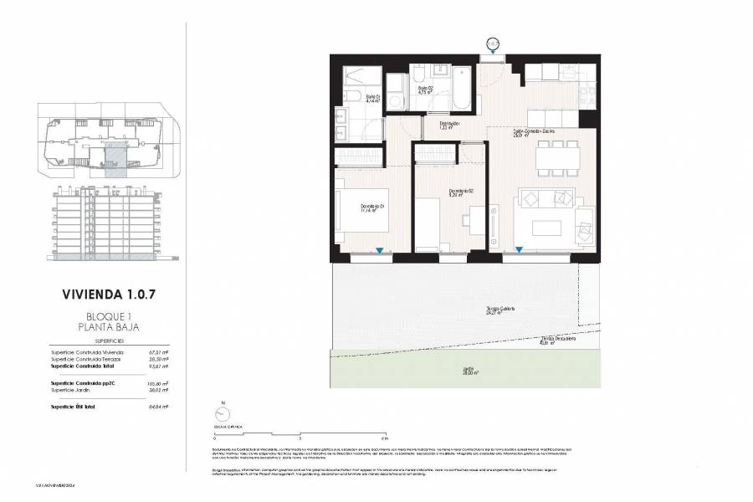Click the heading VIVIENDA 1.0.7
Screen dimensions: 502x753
tap(108, 294)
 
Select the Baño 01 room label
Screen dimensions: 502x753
tap(372, 99)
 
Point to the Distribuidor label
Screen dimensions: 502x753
tap(450, 125)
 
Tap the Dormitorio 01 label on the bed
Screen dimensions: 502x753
tap(372, 208)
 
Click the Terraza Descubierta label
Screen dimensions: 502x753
tap(558, 341)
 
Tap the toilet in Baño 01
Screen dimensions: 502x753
tap(346, 93)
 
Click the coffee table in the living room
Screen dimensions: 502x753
tap(543, 228)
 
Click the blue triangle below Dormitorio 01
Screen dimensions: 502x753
tap(381, 250)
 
